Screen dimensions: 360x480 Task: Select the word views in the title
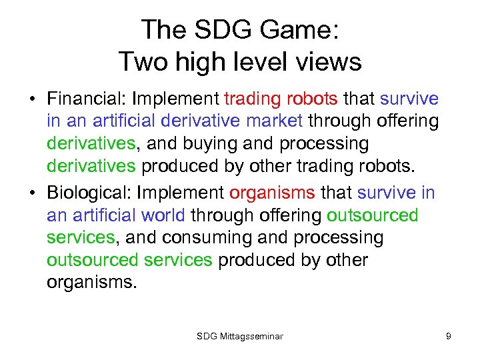(329, 62)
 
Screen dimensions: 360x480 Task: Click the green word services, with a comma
(81, 237)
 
